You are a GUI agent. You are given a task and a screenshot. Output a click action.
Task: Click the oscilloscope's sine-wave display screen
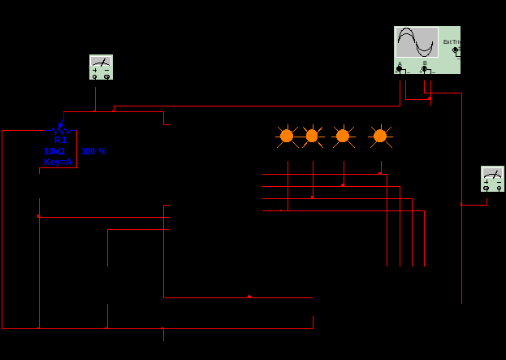[x=417, y=42]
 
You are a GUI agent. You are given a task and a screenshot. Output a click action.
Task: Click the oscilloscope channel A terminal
[x=400, y=69]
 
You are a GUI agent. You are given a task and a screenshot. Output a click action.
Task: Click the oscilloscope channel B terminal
[x=425, y=69]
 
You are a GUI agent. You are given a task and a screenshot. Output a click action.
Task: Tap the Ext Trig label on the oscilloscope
[x=452, y=41]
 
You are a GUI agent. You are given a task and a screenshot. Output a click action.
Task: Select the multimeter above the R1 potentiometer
[x=101, y=67]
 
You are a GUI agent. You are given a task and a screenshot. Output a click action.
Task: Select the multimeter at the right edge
[x=492, y=178]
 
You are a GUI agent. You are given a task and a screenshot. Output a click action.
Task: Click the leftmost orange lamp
[x=286, y=136]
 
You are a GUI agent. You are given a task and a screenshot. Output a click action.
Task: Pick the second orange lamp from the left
[x=311, y=136]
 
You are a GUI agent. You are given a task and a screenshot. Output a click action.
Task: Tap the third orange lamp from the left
[x=343, y=136]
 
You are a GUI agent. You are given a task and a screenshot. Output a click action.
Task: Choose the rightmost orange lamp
[x=379, y=136]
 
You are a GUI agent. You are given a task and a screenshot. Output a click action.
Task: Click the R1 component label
[x=60, y=141]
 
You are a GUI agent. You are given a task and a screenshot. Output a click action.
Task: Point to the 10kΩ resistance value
[x=54, y=151]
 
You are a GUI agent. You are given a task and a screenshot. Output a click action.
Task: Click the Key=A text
[x=58, y=162]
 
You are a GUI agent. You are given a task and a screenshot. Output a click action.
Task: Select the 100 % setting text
[x=93, y=151]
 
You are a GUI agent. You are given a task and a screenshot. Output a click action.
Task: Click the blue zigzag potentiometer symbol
[x=59, y=128]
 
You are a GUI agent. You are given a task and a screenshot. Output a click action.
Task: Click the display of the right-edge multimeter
[x=492, y=173]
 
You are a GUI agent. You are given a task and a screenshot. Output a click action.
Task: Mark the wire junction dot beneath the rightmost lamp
[x=380, y=173]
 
